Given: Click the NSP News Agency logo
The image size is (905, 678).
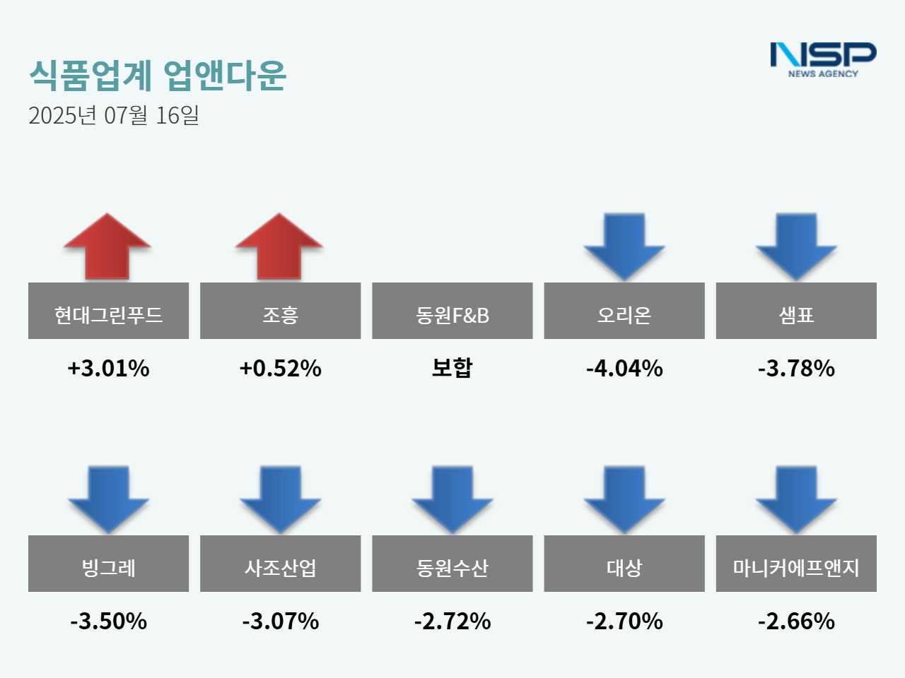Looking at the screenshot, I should click(823, 59).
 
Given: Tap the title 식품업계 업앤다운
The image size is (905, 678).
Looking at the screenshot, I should click(157, 75).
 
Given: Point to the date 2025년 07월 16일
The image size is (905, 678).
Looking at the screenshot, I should click(114, 115).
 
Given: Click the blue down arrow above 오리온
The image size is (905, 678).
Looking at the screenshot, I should click(624, 246).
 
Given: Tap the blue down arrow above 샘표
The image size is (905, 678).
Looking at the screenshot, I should click(796, 246).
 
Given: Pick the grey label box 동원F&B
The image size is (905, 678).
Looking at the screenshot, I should click(452, 311).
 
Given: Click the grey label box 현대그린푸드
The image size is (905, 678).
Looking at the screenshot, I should click(108, 311).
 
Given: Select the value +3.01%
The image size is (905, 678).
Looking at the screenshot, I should click(108, 368).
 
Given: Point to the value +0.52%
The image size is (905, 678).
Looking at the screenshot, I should click(280, 368).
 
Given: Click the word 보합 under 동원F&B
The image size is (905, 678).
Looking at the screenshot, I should click(452, 367).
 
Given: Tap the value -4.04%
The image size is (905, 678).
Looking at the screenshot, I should click(624, 368).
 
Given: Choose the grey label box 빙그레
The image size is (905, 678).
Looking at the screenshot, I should click(108, 564).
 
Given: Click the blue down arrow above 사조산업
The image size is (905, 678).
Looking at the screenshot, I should click(280, 499).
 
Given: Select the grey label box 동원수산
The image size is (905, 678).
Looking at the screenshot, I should click(452, 564).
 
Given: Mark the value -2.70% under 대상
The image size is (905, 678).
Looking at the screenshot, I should click(624, 621).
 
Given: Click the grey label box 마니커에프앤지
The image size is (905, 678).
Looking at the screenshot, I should click(796, 564).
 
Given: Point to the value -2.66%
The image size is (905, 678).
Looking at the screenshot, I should click(796, 621).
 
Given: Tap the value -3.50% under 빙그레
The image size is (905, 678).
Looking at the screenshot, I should click(108, 621).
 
